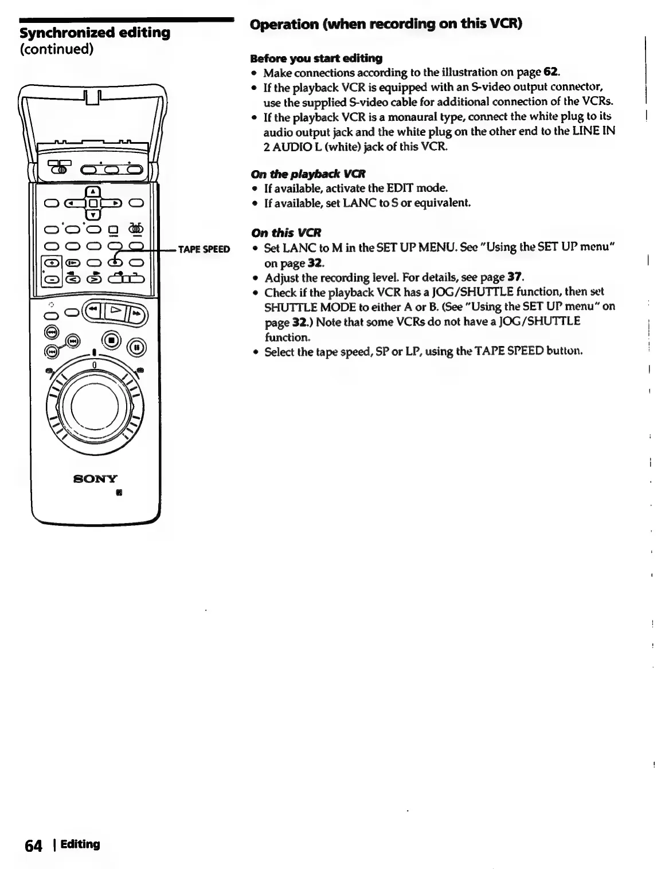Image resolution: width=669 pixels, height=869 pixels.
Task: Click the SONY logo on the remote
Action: (x=95, y=479)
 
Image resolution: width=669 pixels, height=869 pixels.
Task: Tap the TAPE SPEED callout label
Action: (x=204, y=249)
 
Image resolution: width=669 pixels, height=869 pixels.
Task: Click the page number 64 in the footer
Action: (x=34, y=846)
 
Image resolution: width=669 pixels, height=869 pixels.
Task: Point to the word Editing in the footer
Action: (x=81, y=844)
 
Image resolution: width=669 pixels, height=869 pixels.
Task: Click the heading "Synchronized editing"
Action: (x=95, y=33)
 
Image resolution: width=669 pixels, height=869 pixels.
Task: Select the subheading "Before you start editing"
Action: (x=316, y=58)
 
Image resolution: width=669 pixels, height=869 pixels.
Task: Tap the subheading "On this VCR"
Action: (x=286, y=233)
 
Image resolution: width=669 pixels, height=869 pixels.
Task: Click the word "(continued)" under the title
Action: (x=56, y=49)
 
